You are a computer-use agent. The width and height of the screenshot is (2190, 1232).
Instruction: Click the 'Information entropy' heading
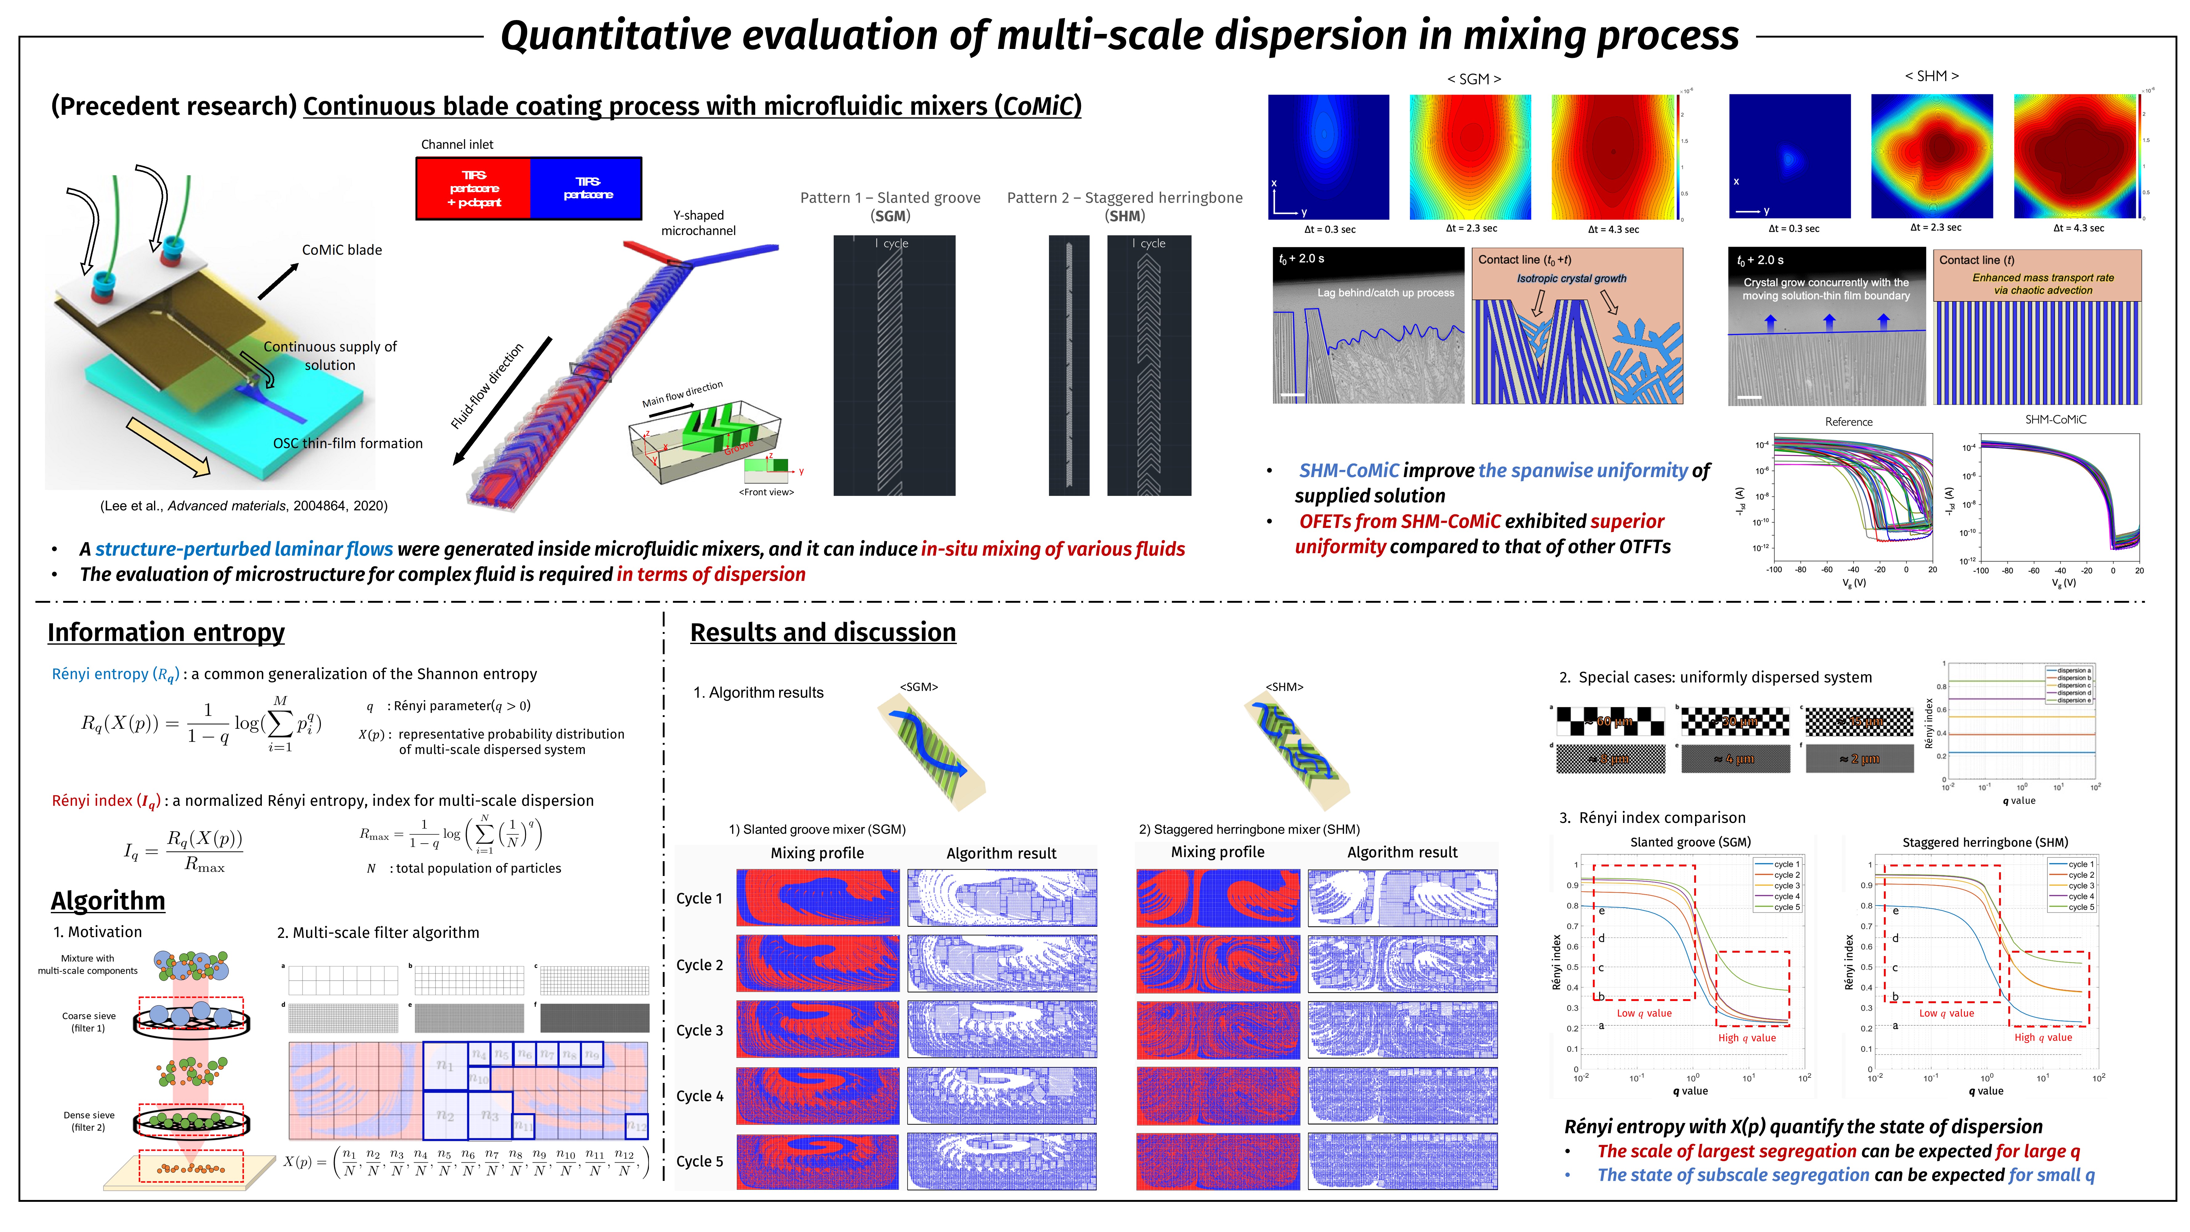(x=166, y=633)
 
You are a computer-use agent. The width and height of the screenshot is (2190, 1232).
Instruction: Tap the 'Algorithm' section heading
(x=108, y=900)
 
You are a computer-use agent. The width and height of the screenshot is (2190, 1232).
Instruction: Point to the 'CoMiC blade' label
(x=342, y=250)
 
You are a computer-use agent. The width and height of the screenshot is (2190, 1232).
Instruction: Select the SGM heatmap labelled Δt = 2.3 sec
(x=1470, y=157)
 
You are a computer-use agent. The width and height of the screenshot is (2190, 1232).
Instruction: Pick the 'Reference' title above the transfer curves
(x=1848, y=422)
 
